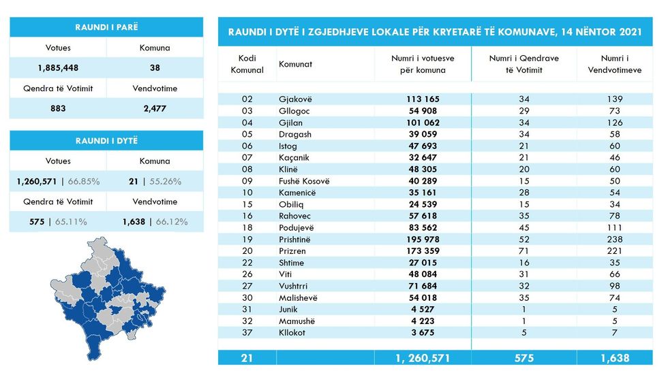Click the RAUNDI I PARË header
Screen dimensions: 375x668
click(106, 27)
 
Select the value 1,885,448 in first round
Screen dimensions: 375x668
click(57, 67)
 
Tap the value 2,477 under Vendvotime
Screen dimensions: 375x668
click(154, 108)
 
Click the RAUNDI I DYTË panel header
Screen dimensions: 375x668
click(106, 140)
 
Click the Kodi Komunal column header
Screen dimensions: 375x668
click(247, 64)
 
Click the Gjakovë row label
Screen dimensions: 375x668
click(295, 99)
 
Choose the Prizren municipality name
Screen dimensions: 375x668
click(292, 251)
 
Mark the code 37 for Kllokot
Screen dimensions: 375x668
click(247, 332)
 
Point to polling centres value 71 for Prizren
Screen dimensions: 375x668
click(523, 251)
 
